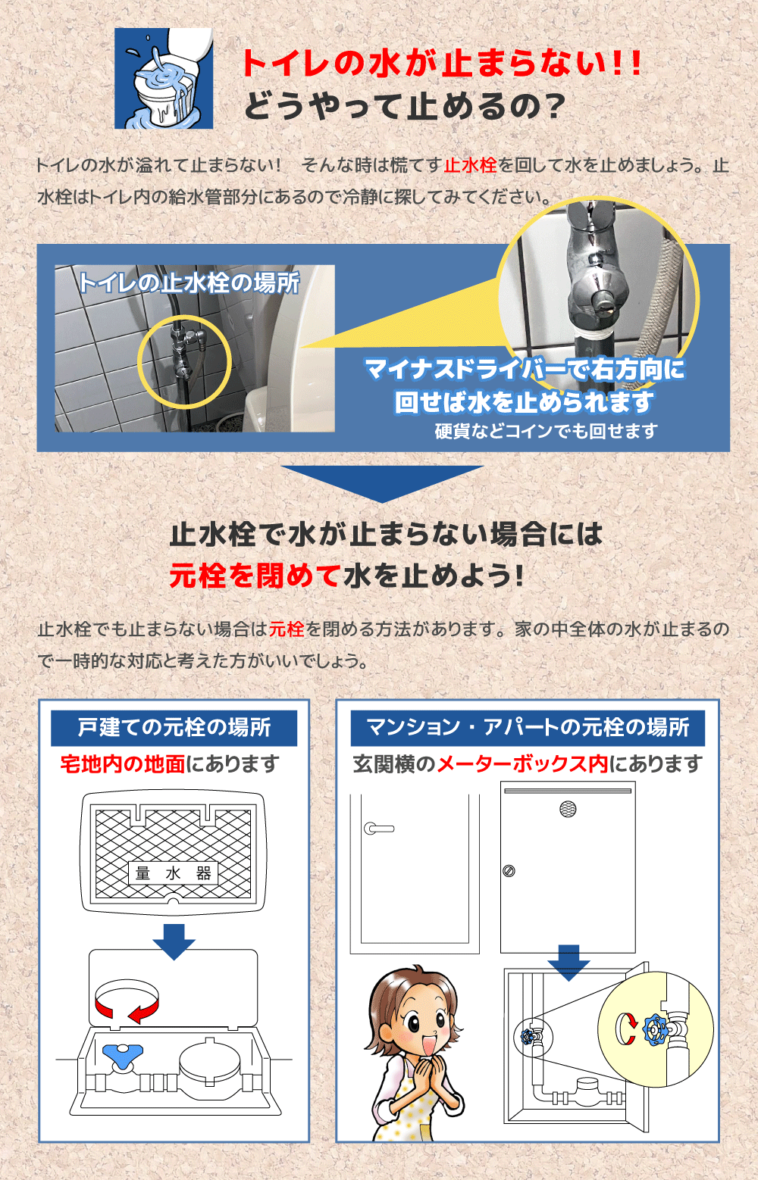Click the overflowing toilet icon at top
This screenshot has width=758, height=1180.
(164, 79)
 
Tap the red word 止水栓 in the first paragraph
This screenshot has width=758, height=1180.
(470, 165)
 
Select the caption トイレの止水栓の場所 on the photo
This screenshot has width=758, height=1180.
(189, 283)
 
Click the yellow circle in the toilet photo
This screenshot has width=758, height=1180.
(184, 362)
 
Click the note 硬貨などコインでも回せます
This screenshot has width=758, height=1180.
(546, 431)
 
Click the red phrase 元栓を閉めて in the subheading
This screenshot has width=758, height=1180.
(255, 576)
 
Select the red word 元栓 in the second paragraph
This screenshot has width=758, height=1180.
(287, 629)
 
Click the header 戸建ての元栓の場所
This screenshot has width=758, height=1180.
(174, 727)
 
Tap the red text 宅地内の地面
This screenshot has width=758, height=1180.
(123, 763)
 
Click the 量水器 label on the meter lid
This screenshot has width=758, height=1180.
(173, 873)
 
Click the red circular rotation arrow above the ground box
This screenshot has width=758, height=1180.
(127, 1000)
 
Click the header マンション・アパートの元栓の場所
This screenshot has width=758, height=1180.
(528, 727)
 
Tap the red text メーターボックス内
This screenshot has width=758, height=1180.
(522, 763)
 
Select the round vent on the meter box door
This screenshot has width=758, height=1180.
(568, 809)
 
